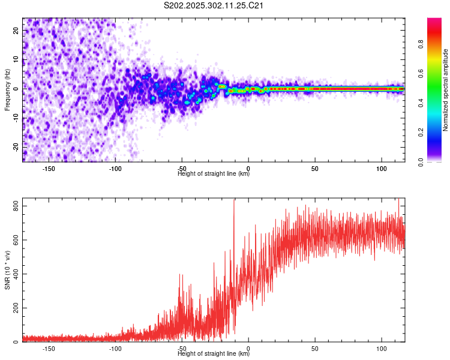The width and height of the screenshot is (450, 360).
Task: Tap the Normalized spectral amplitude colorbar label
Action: coord(446,89)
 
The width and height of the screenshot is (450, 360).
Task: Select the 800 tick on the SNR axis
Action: coord(17,206)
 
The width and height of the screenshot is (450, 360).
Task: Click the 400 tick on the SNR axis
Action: coord(17,274)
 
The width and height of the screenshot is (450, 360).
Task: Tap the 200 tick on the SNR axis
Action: coord(17,308)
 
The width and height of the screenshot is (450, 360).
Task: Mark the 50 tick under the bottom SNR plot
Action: coord(315,349)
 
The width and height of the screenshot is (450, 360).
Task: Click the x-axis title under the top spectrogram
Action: coord(214,175)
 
